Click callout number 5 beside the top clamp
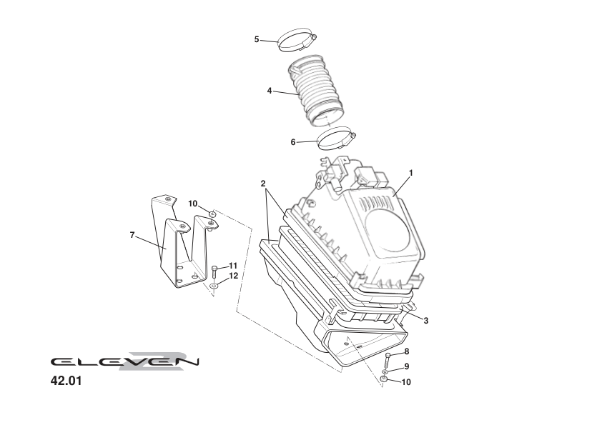click(257, 39)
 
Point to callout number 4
click(270, 91)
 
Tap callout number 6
click(293, 142)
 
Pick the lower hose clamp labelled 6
click(335, 138)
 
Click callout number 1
click(411, 172)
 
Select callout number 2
click(263, 184)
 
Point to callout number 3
click(425, 321)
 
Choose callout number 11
click(233, 266)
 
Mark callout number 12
click(233, 276)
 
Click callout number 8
click(406, 351)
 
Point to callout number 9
click(406, 366)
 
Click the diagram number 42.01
click(66, 381)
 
